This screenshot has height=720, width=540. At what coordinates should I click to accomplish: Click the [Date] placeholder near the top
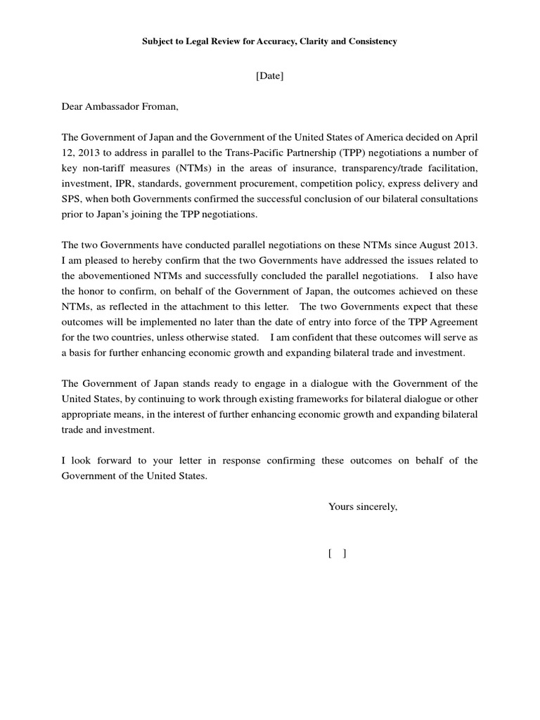pos(269,76)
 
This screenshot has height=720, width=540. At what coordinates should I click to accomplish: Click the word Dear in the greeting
pos(72,107)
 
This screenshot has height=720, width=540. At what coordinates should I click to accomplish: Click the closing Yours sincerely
pos(363,506)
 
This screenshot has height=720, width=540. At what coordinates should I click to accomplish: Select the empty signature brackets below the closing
pos(337,553)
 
